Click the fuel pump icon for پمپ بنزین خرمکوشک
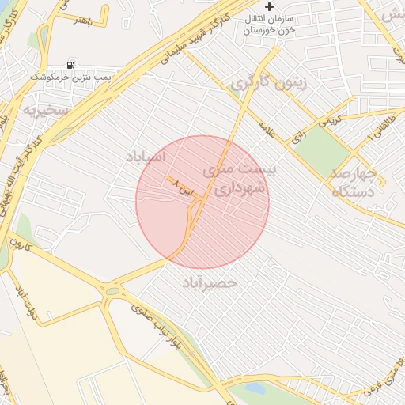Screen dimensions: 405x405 coord(72,64)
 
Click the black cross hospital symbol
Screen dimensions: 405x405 coord(270,6)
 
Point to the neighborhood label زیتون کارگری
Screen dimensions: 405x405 coord(270,82)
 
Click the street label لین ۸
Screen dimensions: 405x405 coord(182,187)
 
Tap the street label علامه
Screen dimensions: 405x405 coord(267,129)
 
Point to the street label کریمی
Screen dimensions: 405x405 coord(331,120)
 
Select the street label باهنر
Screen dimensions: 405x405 coord(84,20)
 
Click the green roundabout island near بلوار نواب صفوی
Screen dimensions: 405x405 coord(112,291)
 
